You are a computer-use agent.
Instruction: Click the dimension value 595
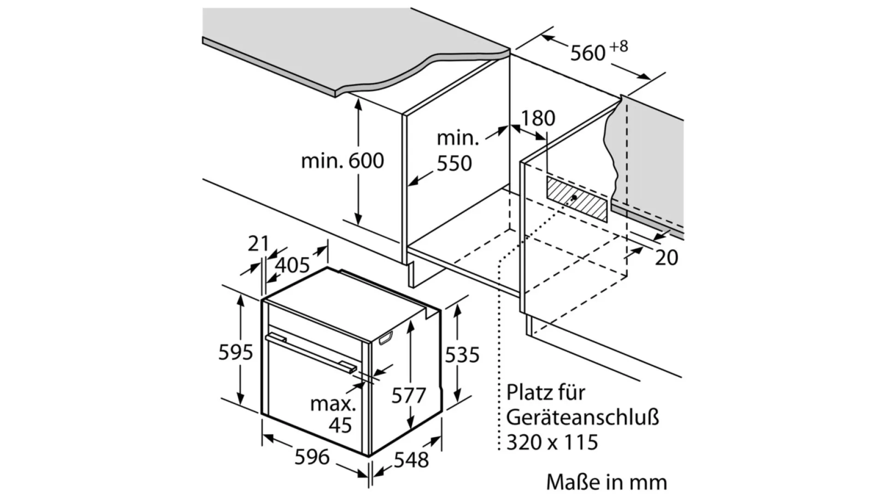pos(236,353)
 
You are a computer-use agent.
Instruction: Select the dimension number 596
pos(312,457)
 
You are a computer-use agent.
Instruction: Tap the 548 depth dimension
pos(411,460)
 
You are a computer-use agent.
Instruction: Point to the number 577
pos(408,396)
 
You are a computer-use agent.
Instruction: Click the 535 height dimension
pos(462,355)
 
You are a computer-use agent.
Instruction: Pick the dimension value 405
pos(293,265)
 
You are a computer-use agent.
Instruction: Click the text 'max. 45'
pos(334,414)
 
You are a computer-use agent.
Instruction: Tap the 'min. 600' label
pos(342,161)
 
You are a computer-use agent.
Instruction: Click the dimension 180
pos(538,119)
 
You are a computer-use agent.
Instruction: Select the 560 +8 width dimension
pos(598,51)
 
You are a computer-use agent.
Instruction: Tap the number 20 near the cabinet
pos(667,258)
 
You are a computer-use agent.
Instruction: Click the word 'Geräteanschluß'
pos(583,417)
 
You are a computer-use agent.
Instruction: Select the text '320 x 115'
pos(552,442)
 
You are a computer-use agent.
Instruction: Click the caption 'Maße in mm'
pos(606,482)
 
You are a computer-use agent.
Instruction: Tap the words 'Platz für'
pos(545,392)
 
